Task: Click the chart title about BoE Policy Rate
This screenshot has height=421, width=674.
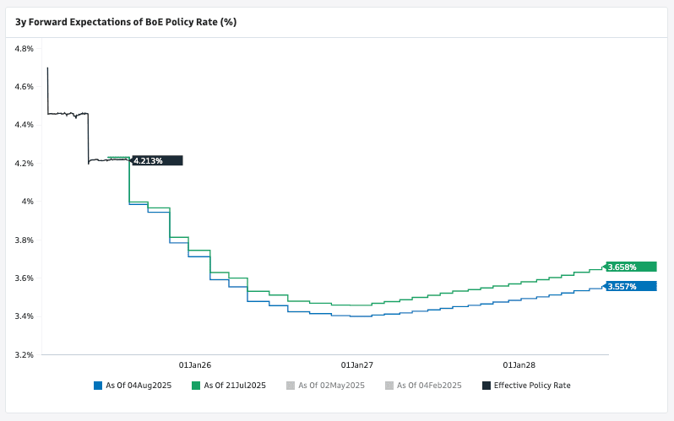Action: pos(126,22)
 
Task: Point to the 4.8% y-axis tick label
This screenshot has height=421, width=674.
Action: pos(24,49)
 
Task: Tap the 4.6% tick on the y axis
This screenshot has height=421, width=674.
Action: pos(24,87)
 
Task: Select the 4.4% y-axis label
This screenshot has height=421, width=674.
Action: pos(24,125)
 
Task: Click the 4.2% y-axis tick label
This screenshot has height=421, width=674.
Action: pos(24,163)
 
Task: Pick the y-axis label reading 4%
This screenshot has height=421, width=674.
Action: pos(27,202)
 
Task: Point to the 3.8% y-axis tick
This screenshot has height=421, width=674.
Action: pos(24,240)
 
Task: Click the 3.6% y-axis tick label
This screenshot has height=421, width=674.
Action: pos(24,278)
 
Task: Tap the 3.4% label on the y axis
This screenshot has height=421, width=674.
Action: pos(24,316)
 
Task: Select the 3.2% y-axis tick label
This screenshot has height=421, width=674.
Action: pos(24,354)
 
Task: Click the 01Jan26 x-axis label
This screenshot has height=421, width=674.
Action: pos(195,365)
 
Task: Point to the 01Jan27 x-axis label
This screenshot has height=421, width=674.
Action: pos(356,365)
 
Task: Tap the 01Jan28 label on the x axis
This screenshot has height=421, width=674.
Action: pos(519,365)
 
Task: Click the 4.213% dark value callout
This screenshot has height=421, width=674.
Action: pos(157,160)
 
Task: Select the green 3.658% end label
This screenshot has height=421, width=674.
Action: pos(631,267)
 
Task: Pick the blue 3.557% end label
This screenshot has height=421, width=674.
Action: pos(631,286)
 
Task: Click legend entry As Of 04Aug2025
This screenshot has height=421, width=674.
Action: pos(139,386)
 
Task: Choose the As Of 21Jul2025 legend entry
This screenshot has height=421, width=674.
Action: pos(235,386)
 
